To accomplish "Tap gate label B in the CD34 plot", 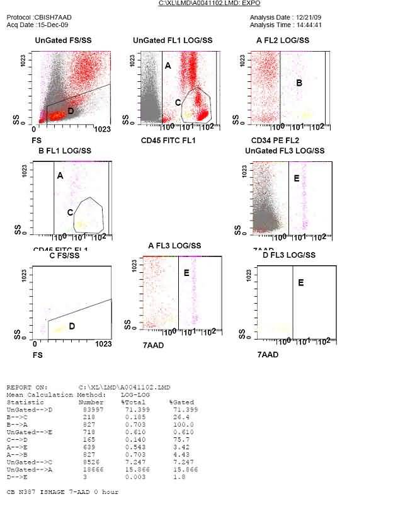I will [299, 83].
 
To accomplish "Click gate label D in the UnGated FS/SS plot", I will [71, 111].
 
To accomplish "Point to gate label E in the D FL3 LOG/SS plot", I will [300, 283].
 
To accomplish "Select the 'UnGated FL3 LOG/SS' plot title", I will [285, 151].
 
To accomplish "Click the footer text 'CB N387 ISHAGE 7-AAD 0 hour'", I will [62, 491].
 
